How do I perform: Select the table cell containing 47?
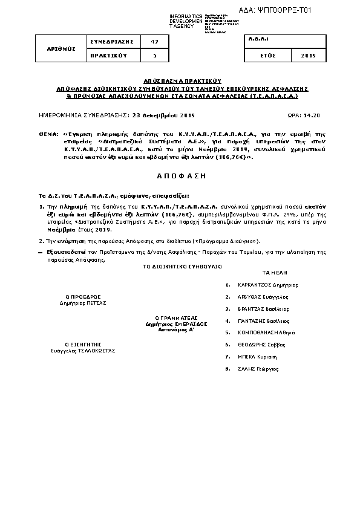pyautogui.click(x=154, y=42)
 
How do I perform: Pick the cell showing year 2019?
pyautogui.click(x=309, y=55)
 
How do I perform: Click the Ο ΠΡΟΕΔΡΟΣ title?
pyautogui.click(x=82, y=296)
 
